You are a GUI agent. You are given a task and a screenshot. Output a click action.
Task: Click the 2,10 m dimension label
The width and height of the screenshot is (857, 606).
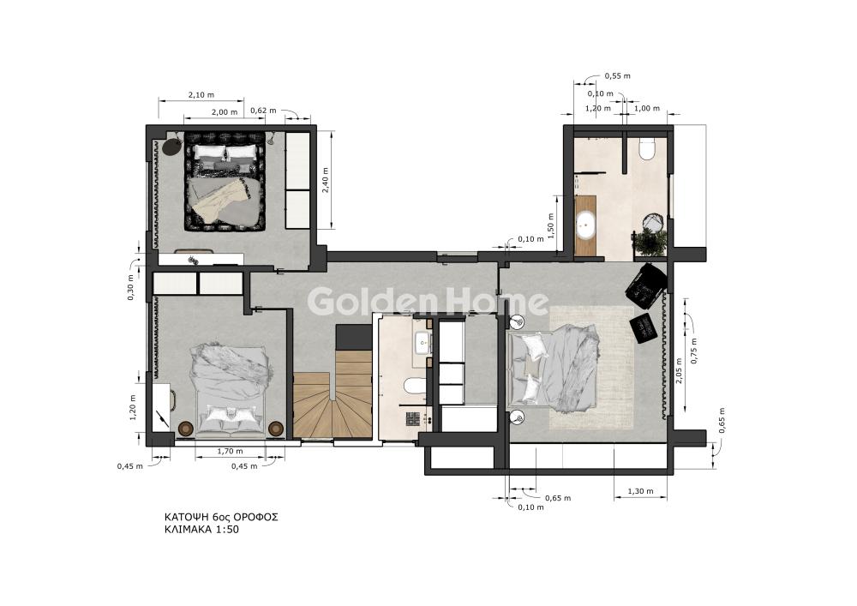pos(201,94)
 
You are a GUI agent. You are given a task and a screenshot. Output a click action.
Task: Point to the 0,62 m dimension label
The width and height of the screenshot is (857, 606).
pos(263,111)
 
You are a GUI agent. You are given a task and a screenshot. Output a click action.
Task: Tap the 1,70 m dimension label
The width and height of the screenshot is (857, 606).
pos(230,452)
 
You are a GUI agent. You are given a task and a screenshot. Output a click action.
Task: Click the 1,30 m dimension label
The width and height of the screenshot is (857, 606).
pos(640,490)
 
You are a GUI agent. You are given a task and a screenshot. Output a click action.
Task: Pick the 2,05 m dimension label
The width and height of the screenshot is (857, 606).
pos(678,371)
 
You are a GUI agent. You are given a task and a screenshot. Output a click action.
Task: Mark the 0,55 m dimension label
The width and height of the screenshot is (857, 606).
pos(617,76)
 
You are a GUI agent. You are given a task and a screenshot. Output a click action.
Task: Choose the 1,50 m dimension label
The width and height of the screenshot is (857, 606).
pos(551,225)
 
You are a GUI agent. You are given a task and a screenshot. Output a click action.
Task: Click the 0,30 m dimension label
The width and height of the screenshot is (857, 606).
pos(130,287)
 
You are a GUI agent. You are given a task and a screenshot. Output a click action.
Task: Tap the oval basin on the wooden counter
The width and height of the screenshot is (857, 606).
pos(585,225)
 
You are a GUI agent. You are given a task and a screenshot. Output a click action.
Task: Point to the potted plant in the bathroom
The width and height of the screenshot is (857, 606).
pos(650,242)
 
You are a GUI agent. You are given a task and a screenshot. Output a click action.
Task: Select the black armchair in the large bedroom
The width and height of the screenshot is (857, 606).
pos(646,283)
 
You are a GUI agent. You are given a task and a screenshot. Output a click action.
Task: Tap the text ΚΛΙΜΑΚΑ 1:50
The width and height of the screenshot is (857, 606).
pos(201,530)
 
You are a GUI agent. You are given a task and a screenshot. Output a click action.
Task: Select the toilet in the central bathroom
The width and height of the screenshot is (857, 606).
pos(415,387)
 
